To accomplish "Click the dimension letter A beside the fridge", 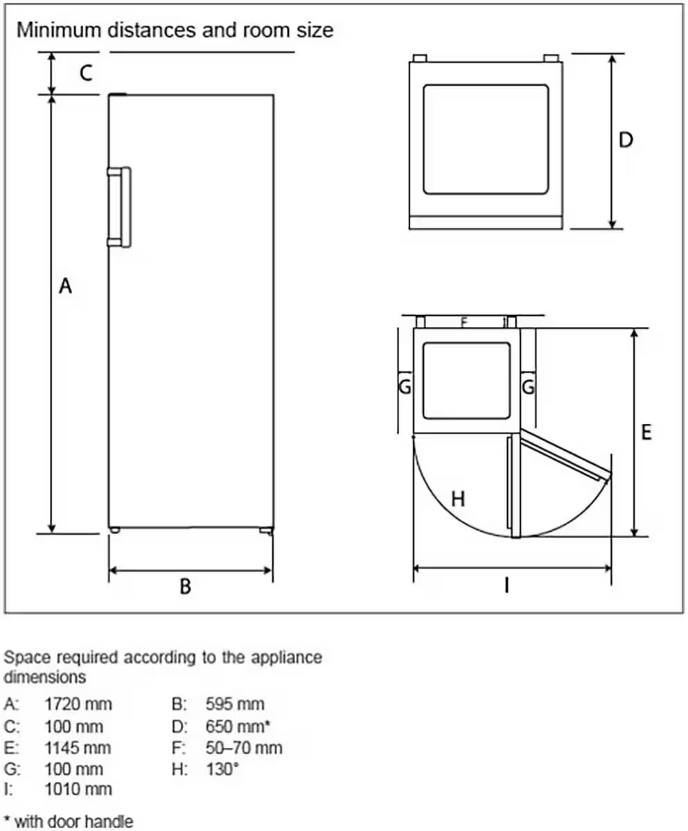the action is pos(66,286).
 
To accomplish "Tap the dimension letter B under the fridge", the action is pos(185,587).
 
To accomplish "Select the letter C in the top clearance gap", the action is pos(87,73).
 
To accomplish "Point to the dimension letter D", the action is pos(626,140).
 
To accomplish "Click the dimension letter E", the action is pos(646,432).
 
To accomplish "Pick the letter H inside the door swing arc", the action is pos(458,499).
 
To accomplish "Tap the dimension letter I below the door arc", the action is pos(506,585).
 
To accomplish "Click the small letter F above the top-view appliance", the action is pos(464,323).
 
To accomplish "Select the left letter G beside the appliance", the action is pos(405,386).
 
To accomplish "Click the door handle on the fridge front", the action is pos(119,207).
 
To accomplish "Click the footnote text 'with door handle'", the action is pos(74,822).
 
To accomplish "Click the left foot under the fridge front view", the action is pos(115,530).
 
